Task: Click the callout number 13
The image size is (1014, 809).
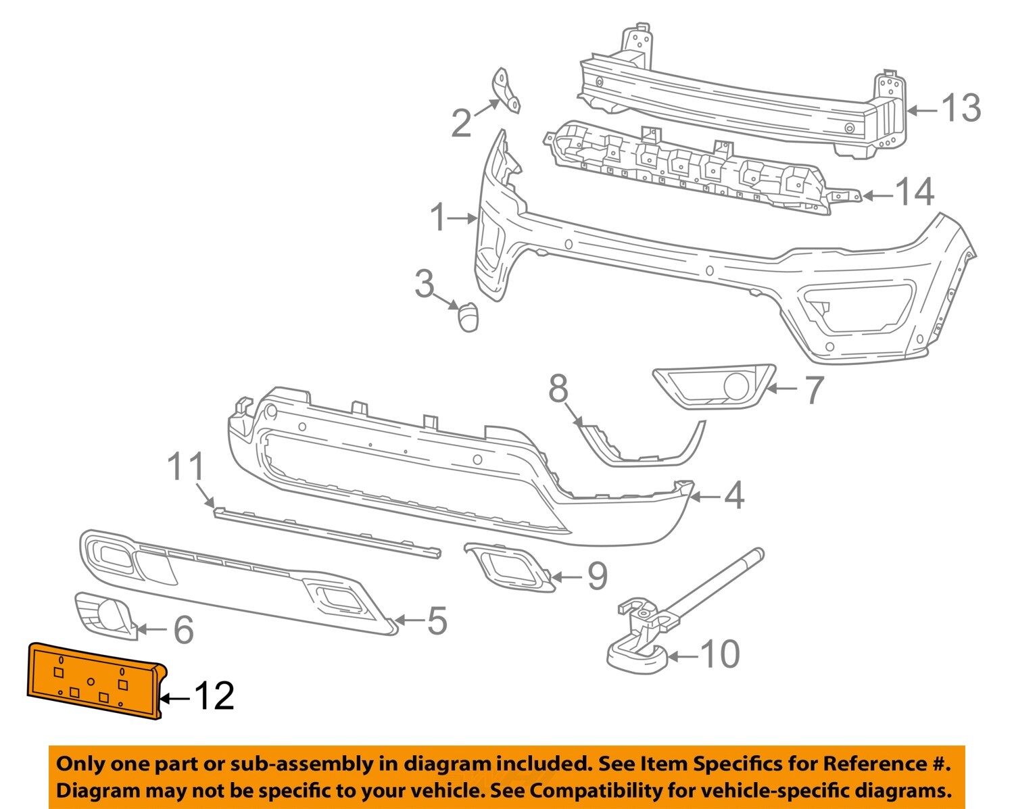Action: click(x=961, y=108)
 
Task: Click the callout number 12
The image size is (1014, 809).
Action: click(x=214, y=696)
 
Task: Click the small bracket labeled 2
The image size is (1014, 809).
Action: click(x=505, y=91)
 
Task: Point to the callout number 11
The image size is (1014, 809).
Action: click(x=186, y=467)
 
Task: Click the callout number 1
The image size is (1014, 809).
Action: click(x=439, y=218)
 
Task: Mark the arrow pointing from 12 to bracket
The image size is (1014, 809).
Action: click(x=174, y=697)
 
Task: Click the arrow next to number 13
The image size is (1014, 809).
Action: click(x=922, y=110)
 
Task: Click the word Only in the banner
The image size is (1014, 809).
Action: click(x=80, y=764)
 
